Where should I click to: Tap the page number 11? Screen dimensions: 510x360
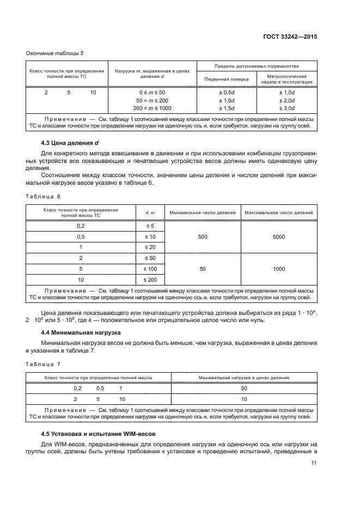(314, 463)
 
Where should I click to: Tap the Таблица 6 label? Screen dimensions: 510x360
(44, 196)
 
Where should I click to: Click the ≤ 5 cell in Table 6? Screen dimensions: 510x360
(149, 226)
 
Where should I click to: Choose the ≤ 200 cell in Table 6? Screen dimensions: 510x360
(149, 280)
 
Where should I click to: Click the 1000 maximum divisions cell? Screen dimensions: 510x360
(279, 269)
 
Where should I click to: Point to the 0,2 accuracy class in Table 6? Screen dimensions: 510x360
(81, 226)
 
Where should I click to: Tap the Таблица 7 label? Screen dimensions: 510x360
(44, 363)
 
